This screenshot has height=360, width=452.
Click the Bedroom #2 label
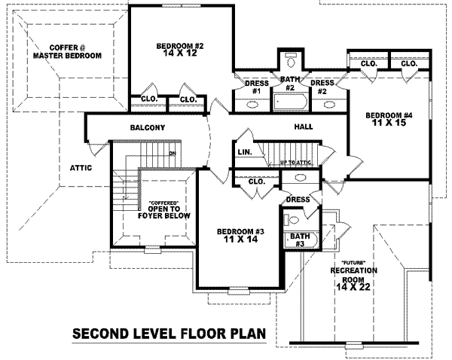coord(179,46)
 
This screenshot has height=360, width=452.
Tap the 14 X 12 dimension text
coord(179,54)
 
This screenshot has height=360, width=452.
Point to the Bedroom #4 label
coord(389,115)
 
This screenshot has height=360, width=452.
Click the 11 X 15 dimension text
coord(389,124)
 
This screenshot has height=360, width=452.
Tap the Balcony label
coord(148,127)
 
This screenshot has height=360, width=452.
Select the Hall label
coord(303,127)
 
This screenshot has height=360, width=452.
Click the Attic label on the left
coord(81,167)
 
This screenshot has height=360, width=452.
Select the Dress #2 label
coord(322,87)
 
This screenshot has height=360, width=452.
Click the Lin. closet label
coord(244,153)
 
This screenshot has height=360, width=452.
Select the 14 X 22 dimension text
coord(358,287)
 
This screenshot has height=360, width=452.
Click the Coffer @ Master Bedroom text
coord(64,51)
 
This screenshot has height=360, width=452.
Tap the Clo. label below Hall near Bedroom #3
coord(255,182)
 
